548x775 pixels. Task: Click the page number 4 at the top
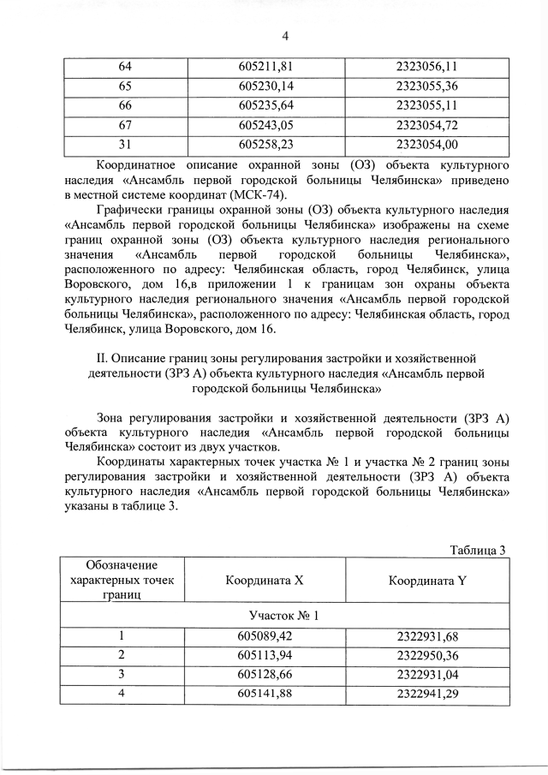284,35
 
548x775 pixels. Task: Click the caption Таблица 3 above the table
479,549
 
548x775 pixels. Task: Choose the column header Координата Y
426,580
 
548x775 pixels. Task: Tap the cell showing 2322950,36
427,654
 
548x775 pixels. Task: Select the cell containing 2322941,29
427,693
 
